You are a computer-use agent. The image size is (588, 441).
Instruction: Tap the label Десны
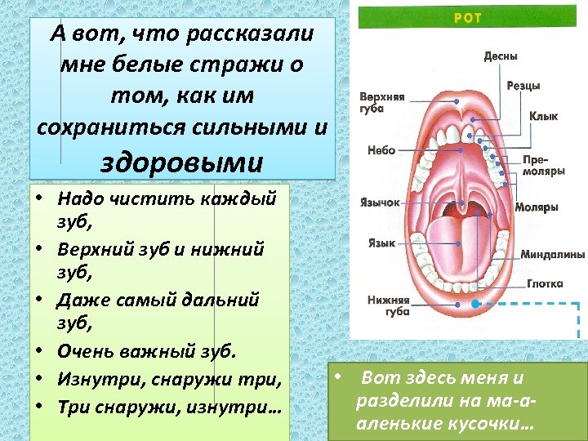coord(501,56)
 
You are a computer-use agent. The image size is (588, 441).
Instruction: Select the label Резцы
coord(523,86)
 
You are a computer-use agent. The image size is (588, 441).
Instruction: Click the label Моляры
coord(537,207)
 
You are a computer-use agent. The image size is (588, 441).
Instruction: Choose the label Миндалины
coord(553,254)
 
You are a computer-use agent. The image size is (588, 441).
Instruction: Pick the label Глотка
coord(545,284)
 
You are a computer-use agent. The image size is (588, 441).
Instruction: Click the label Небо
coord(381,150)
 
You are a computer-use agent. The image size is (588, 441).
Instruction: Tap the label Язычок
coord(380,203)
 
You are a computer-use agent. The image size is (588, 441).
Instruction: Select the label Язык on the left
coord(381,243)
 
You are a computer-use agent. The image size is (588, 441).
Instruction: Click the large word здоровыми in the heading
coord(181,161)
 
